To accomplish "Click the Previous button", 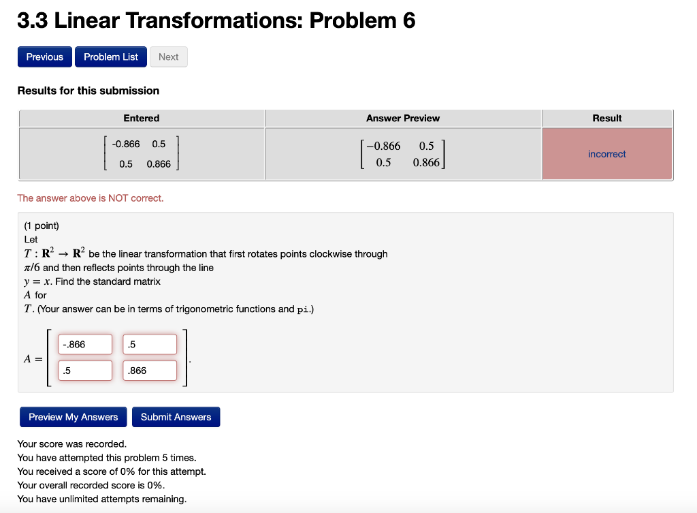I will pyautogui.click(x=45, y=57).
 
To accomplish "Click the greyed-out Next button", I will pyautogui.click(x=168, y=57).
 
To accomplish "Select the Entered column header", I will pyautogui.click(x=142, y=119).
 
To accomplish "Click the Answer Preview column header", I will pyautogui.click(x=403, y=119).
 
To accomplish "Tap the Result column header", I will pyautogui.click(x=606, y=119).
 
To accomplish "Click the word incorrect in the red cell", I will pyautogui.click(x=606, y=154).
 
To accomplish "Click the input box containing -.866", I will pyautogui.click(x=85, y=345).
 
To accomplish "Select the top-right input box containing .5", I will pyautogui.click(x=150, y=345).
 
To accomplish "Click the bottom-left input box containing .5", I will pyautogui.click(x=85, y=371).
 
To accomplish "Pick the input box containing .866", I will pyautogui.click(x=150, y=371).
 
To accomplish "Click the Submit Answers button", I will pyautogui.click(x=176, y=417).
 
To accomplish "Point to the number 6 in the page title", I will pyautogui.click(x=408, y=21).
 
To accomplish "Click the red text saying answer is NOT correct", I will pyautogui.click(x=91, y=198).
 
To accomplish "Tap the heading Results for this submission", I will pyautogui.click(x=88, y=91).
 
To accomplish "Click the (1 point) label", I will pyautogui.click(x=42, y=226).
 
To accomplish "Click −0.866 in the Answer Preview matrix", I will pyautogui.click(x=384, y=146).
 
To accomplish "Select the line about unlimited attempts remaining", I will pyautogui.click(x=102, y=499).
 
